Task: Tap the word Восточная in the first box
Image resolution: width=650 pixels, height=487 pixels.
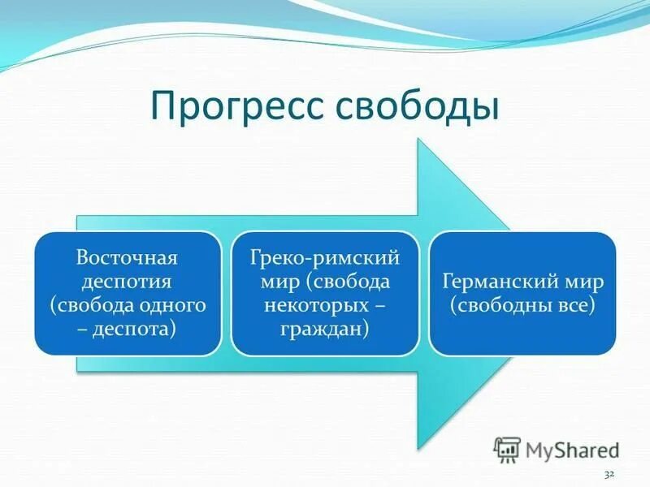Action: tap(127, 258)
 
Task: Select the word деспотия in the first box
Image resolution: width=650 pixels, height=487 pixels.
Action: tap(127, 282)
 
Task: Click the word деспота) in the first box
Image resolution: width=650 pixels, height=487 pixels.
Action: tap(136, 329)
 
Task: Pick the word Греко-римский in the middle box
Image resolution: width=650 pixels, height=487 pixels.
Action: tap(325, 258)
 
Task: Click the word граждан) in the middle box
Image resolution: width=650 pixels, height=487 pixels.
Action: tap(325, 329)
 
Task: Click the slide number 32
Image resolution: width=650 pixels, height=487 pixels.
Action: tap(609, 472)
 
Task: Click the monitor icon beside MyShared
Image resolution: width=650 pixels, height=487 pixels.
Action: tap(508, 449)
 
